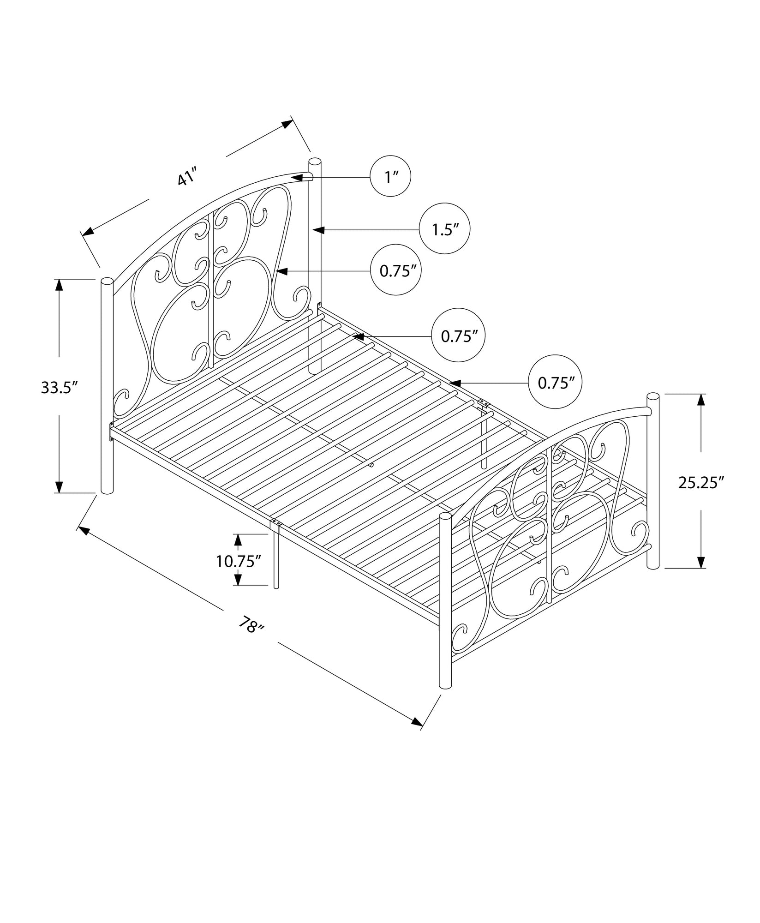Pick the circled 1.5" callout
pyautogui.click(x=444, y=229)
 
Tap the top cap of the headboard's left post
pyautogui.click(x=107, y=281)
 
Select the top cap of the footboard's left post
pyautogui.click(x=445, y=516)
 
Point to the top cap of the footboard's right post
pyautogui.click(x=652, y=396)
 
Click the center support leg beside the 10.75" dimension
pyautogui.click(x=276, y=558)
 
